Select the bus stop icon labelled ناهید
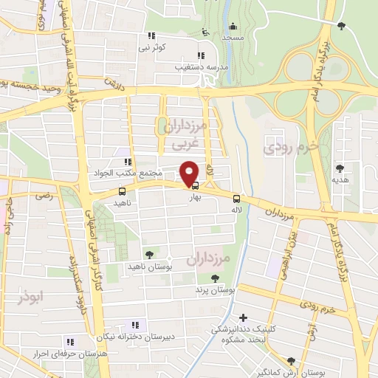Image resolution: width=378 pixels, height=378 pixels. [x=122, y=192]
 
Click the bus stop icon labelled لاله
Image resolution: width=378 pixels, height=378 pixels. [x=236, y=198]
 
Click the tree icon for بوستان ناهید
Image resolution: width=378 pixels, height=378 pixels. [x=150, y=254]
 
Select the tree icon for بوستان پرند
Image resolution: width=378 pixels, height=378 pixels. [x=215, y=278]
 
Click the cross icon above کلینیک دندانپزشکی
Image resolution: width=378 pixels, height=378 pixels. [x=242, y=317]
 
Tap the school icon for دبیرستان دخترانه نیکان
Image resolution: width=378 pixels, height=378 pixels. [x=134, y=325]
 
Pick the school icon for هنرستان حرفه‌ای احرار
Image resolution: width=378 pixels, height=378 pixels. [x=70, y=342]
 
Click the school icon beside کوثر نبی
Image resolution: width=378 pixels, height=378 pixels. [x=151, y=35]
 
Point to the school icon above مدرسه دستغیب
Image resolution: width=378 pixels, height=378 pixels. [x=200, y=55]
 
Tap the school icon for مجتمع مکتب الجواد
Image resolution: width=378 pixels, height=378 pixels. [x=127, y=162]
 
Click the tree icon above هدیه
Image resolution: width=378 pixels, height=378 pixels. [x=340, y=168]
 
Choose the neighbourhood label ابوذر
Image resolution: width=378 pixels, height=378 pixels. [x=32, y=298]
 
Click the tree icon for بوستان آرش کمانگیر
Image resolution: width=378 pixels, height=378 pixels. [x=291, y=361]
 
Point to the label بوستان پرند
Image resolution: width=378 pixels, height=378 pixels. [x=216, y=291]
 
